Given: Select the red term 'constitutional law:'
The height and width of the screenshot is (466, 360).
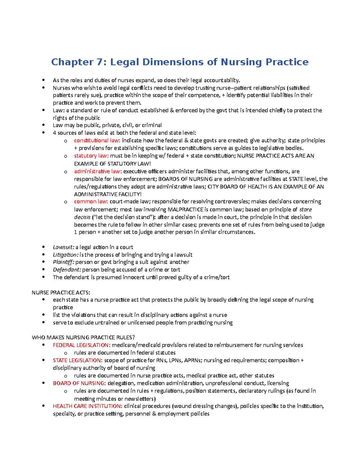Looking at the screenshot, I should (97, 140).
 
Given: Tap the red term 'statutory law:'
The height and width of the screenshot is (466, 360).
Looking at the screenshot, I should (91, 156).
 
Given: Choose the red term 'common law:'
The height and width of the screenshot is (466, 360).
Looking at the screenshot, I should (91, 202).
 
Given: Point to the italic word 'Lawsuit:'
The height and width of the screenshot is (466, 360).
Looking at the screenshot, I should (63, 247).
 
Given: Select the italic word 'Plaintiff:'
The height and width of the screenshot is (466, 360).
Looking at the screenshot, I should (63, 262).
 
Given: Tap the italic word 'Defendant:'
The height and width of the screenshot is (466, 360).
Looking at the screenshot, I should (67, 270).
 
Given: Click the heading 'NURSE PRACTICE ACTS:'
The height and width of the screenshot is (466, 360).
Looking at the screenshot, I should (61, 293).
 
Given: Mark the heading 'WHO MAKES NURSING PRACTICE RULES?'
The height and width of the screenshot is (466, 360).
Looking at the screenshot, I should (83, 338).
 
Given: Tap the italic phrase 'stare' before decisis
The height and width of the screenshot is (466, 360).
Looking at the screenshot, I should (306, 209).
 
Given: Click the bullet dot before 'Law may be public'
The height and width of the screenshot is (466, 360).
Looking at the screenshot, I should (44, 125).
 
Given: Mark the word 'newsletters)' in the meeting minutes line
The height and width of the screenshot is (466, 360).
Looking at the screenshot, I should (140, 399).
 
